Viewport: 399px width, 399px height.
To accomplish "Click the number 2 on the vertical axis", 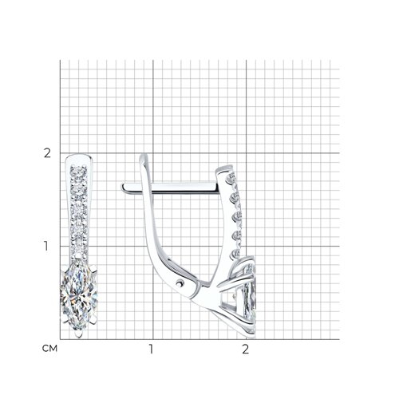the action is [x=47, y=153].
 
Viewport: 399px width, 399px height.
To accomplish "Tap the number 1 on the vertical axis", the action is [x=46, y=246].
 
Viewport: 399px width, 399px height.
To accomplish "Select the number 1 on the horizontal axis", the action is [x=151, y=349].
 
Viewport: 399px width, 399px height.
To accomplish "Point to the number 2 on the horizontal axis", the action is [x=245, y=349].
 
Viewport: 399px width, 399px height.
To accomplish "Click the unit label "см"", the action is [x=49, y=349].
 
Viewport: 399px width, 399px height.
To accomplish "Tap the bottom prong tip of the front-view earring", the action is [x=79, y=334].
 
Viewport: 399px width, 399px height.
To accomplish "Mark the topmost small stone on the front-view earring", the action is [x=79, y=170].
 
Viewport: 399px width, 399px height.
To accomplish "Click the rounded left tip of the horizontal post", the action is [x=124, y=188].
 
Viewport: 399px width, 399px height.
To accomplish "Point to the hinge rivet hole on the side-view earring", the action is [x=181, y=284].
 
